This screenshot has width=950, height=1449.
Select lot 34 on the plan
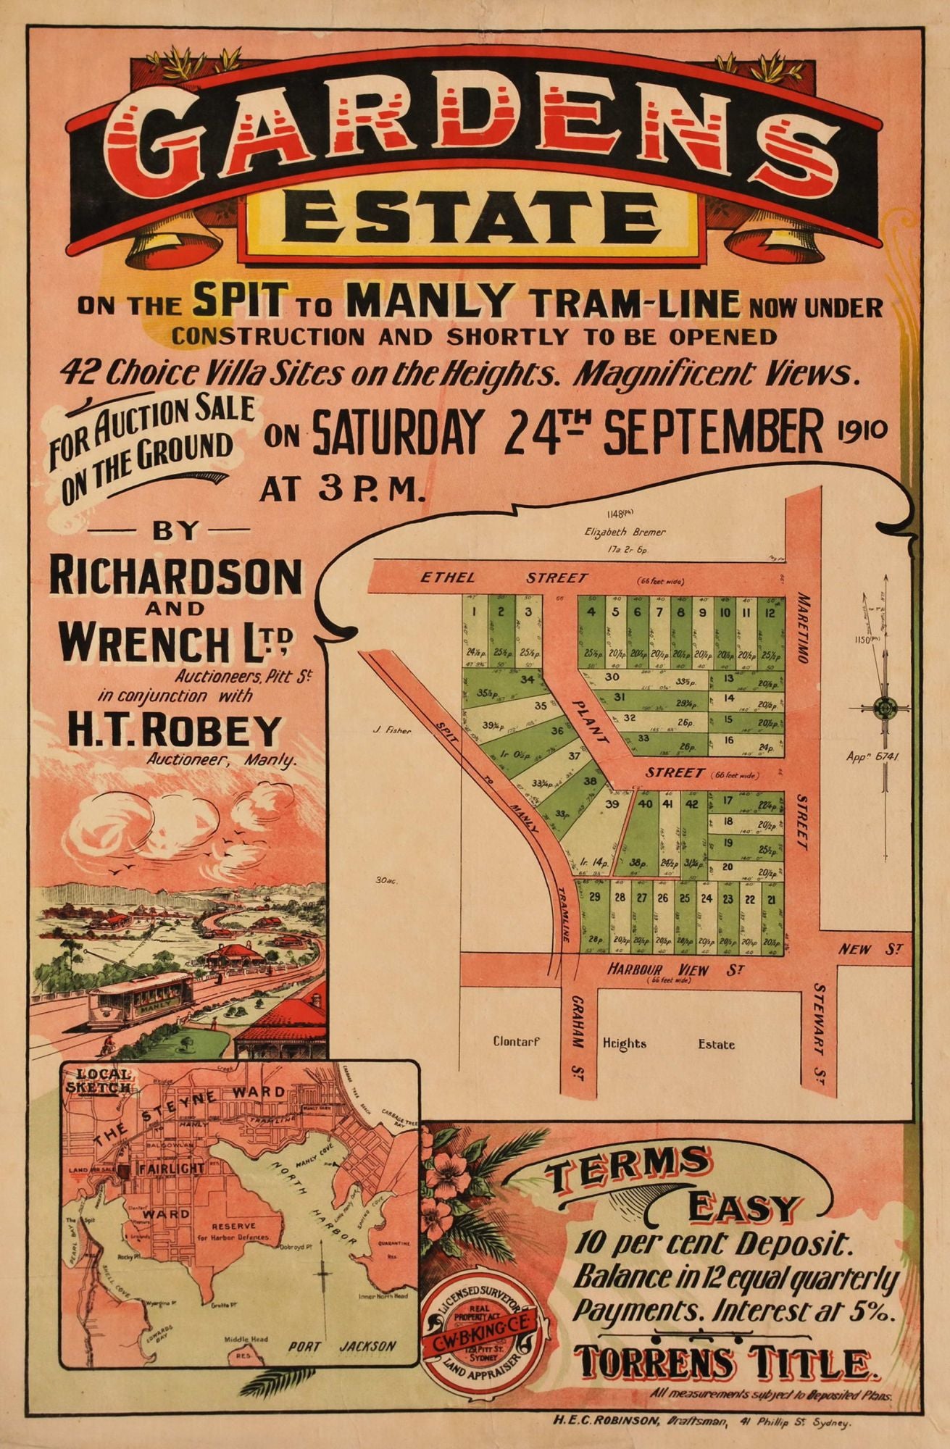click(x=527, y=680)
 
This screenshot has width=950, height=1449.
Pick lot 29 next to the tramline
click(x=595, y=898)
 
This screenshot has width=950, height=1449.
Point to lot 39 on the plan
click(x=612, y=804)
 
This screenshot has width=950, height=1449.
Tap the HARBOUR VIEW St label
click(x=658, y=969)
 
